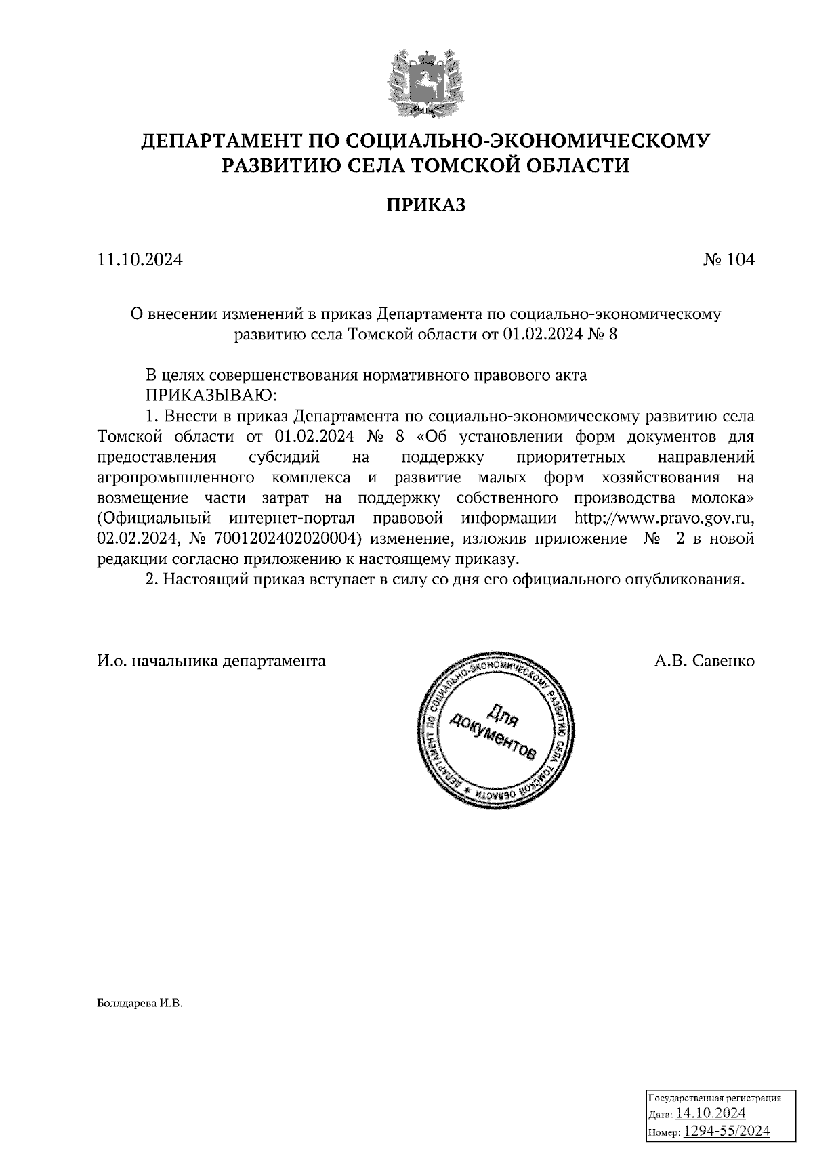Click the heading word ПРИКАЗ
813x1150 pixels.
[426, 205]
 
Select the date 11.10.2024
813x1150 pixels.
[140, 260]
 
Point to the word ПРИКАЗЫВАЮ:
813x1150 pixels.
[208, 394]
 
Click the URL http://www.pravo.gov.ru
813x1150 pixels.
[664, 519]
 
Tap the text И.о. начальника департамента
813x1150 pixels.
[211, 660]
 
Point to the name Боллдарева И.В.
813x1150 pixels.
[140, 1003]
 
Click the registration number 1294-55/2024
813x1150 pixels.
[726, 1130]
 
